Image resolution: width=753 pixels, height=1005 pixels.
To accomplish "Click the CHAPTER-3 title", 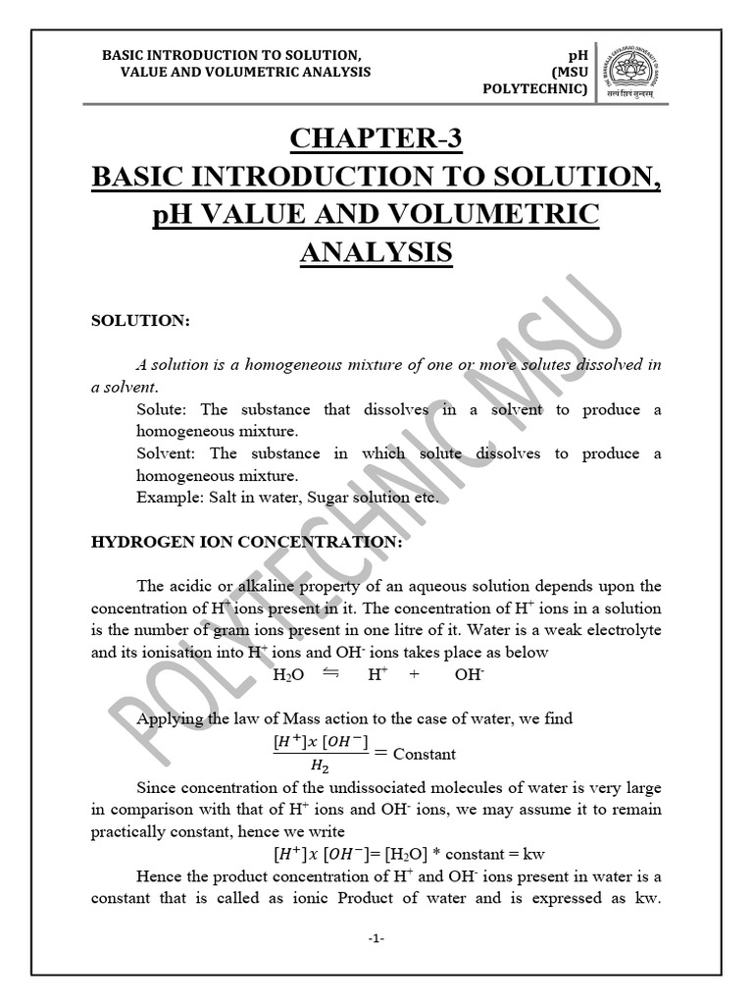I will pos(376,139).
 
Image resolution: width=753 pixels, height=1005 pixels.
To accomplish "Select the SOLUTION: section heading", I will pos(140,321).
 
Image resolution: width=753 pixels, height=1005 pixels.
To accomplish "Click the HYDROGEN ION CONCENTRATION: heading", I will pos(246,541).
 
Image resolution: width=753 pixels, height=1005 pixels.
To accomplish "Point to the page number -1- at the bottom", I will pos(376,938).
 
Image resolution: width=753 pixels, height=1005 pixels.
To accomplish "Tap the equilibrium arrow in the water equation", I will pos(330,673).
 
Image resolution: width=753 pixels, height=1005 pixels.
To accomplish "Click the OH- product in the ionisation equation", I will pos(470,675).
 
